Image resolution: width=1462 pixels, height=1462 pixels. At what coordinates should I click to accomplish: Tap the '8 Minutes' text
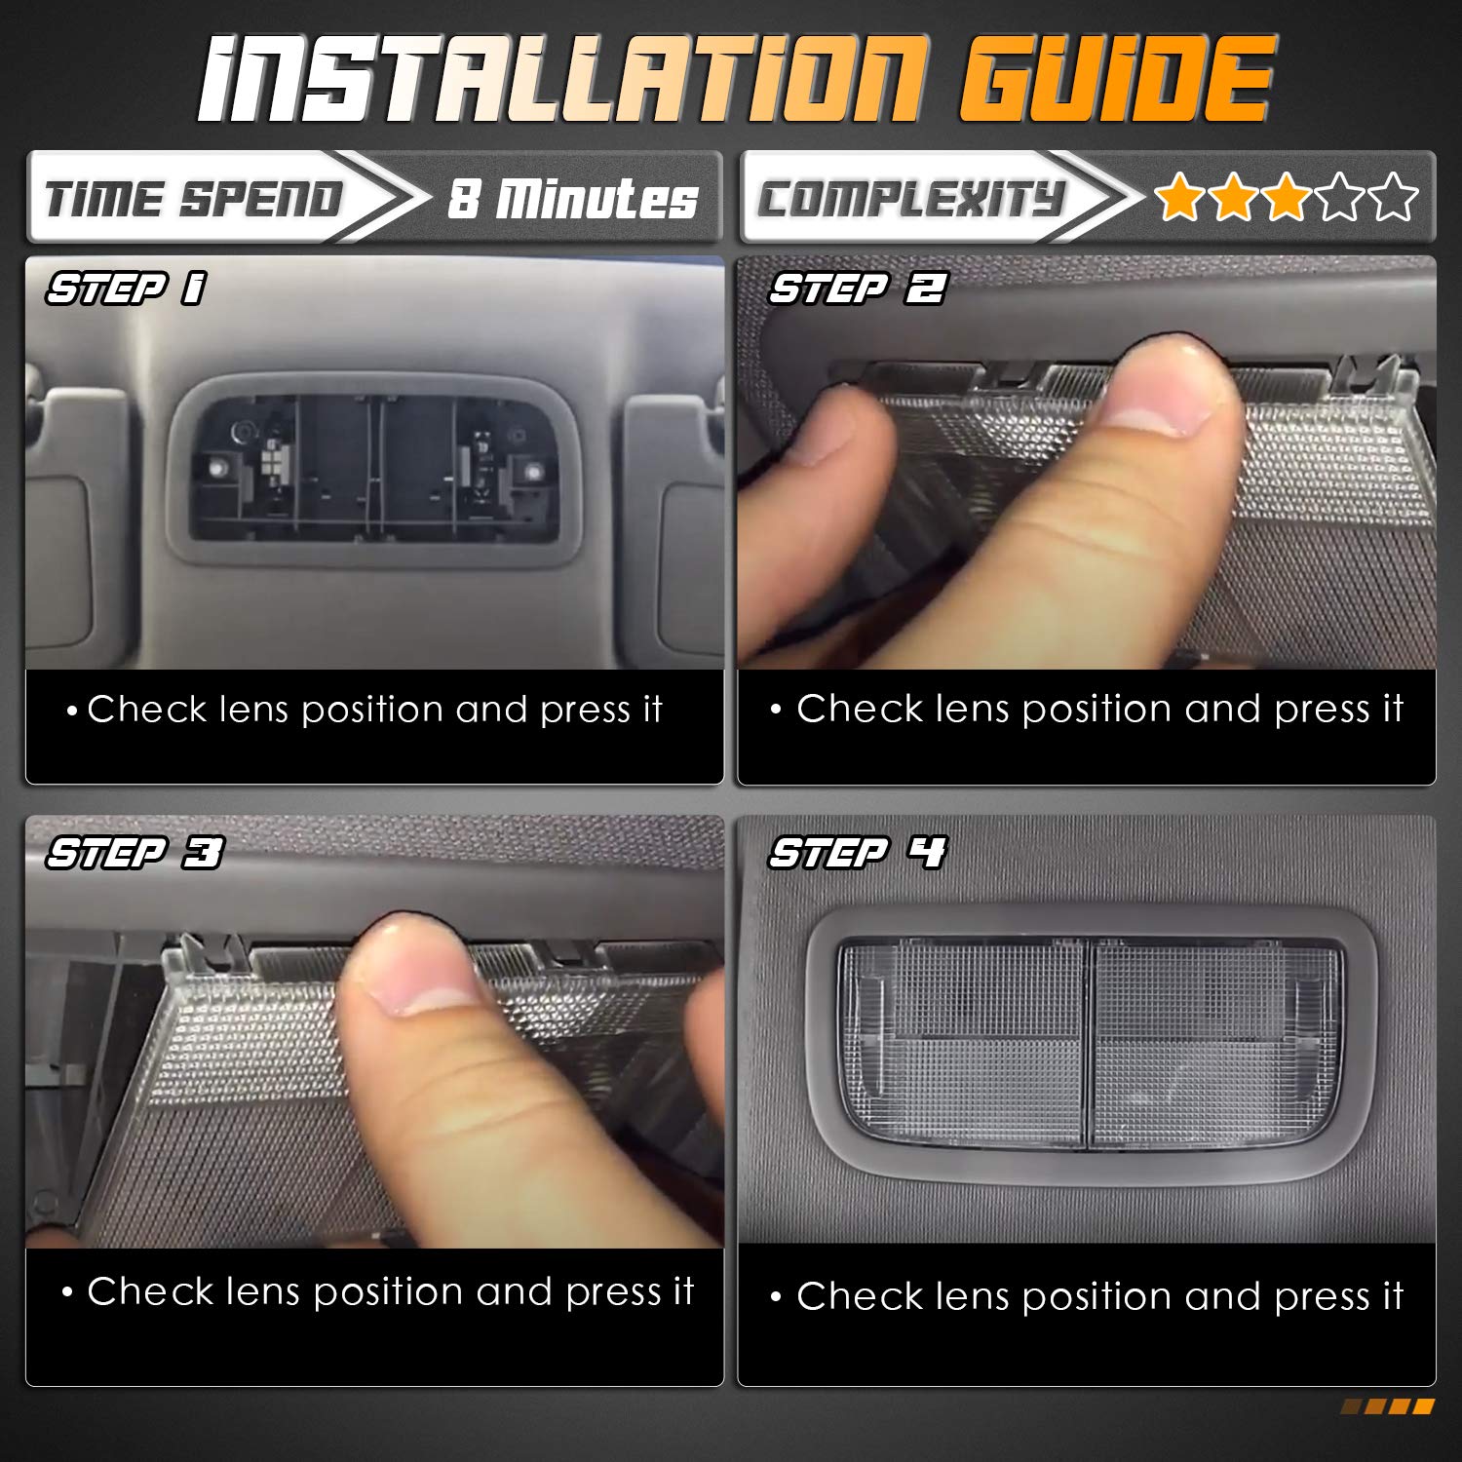[x=572, y=199]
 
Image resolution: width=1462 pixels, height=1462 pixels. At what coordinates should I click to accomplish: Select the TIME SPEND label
[x=193, y=199]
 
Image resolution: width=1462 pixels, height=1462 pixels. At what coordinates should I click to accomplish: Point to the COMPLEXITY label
[x=911, y=199]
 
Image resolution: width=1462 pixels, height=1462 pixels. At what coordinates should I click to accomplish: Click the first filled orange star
[x=1179, y=197]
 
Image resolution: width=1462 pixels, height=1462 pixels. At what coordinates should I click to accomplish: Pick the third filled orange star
[x=1287, y=197]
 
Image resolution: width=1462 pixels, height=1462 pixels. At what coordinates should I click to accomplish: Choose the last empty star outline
[x=1394, y=197]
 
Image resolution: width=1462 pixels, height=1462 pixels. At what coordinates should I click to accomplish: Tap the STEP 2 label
[x=858, y=289]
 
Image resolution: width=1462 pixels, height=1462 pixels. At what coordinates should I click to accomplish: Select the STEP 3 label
[x=135, y=853]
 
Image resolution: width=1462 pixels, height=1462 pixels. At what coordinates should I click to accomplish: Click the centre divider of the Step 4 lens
[x=1088, y=1043]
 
